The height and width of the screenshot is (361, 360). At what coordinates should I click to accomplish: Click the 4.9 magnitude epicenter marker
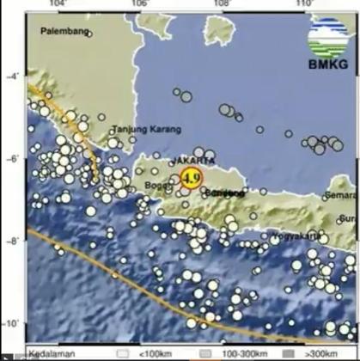click(x=190, y=179)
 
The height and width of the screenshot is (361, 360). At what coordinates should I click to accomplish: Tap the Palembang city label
click(x=65, y=33)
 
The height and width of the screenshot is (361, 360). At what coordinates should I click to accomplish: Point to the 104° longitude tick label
click(x=59, y=4)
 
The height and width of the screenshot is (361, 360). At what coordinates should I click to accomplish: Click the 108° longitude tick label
click(x=222, y=4)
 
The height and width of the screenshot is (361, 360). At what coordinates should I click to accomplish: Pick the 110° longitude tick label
click(x=302, y=4)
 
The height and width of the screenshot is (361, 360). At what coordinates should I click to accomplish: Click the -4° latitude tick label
click(x=13, y=77)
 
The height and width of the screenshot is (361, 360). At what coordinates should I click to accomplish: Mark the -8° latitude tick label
click(x=13, y=242)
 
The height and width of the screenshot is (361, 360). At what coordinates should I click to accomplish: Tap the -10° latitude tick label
click(x=13, y=323)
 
